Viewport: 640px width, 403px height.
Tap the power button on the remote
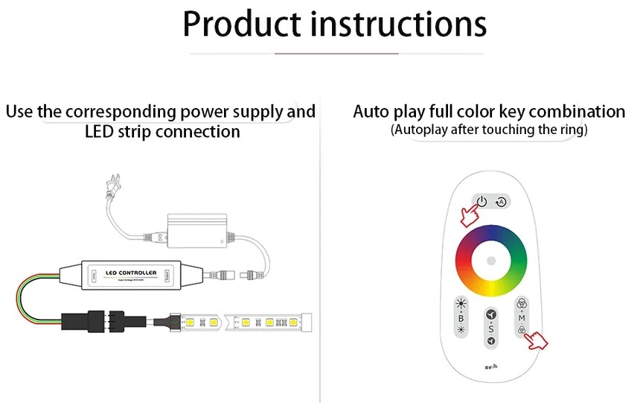tap(482, 201)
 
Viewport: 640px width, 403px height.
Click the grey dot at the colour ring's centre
tap(491, 260)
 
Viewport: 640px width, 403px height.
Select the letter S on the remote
tap(490, 328)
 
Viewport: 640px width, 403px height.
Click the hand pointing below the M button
tap(536, 341)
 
